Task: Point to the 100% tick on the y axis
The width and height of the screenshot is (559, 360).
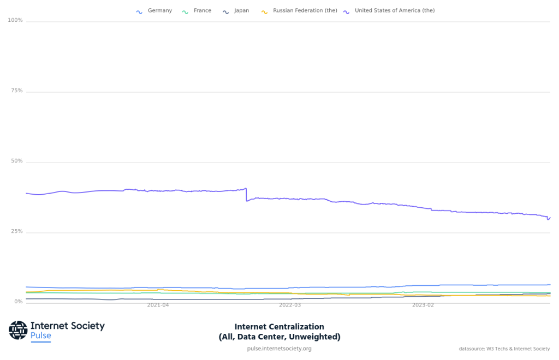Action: (x=15, y=21)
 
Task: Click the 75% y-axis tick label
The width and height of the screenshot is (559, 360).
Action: (x=17, y=91)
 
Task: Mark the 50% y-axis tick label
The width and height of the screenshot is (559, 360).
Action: (x=17, y=161)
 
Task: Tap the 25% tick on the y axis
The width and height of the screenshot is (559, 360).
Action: (x=17, y=232)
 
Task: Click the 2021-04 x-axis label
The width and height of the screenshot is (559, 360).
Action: (x=158, y=305)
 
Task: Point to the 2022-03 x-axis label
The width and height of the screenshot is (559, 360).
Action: (x=290, y=305)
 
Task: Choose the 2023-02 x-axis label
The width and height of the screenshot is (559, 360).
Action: (x=423, y=305)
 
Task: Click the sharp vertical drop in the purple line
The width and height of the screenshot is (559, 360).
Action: (x=246, y=195)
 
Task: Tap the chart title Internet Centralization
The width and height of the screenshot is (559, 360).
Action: (x=279, y=327)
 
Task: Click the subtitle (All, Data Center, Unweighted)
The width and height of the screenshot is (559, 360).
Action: (x=279, y=337)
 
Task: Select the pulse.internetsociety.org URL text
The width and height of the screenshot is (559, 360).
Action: (x=279, y=349)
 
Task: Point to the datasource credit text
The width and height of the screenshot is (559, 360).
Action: (x=504, y=349)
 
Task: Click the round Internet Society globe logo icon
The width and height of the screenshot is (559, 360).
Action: (x=18, y=330)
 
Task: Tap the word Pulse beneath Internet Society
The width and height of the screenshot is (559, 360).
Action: (x=41, y=336)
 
